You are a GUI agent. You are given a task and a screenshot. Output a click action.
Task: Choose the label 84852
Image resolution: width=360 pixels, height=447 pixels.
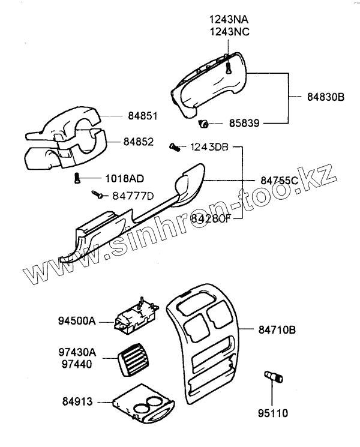(x=139, y=142)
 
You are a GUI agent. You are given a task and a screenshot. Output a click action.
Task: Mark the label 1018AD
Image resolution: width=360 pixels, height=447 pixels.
(x=124, y=178)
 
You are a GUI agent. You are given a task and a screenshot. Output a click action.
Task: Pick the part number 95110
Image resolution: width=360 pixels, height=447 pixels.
(x=273, y=413)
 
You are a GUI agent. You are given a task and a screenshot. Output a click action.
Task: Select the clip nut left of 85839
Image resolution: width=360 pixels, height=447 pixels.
(x=203, y=124)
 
